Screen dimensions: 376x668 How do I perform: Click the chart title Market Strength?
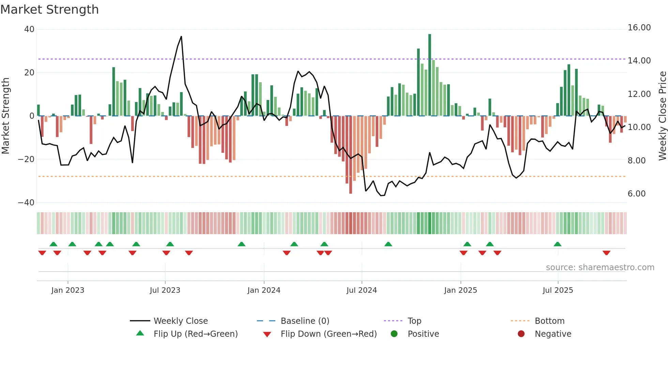tap(49, 10)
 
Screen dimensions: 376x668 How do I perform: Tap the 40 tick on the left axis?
tap(29, 29)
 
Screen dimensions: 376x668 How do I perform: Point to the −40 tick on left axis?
tap(26, 203)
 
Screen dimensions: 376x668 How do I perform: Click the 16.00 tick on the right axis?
tap(639, 28)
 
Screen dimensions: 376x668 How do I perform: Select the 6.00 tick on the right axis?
tap(636, 194)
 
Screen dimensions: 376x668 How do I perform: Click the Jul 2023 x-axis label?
tap(165, 290)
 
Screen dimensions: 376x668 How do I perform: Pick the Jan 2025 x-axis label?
tap(460, 290)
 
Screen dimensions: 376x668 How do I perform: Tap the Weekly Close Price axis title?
tap(662, 116)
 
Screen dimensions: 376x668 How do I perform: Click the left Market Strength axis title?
tap(5, 116)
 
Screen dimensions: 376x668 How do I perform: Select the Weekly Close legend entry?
tap(180, 321)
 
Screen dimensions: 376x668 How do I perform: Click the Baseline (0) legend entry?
tap(305, 321)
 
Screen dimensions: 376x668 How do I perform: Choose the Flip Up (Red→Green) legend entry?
tap(195, 334)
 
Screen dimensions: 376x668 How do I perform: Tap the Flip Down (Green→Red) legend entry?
tap(329, 334)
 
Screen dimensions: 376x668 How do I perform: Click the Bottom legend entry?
tap(549, 321)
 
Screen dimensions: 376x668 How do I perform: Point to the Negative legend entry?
tap(553, 334)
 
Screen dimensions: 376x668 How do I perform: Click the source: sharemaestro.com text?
tap(600, 267)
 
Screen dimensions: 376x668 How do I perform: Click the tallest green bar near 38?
tap(430, 75)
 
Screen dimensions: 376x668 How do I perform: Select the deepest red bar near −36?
tap(350, 155)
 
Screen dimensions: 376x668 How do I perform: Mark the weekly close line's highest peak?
tap(181, 37)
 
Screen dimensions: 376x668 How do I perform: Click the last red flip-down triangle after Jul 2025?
tap(606, 253)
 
